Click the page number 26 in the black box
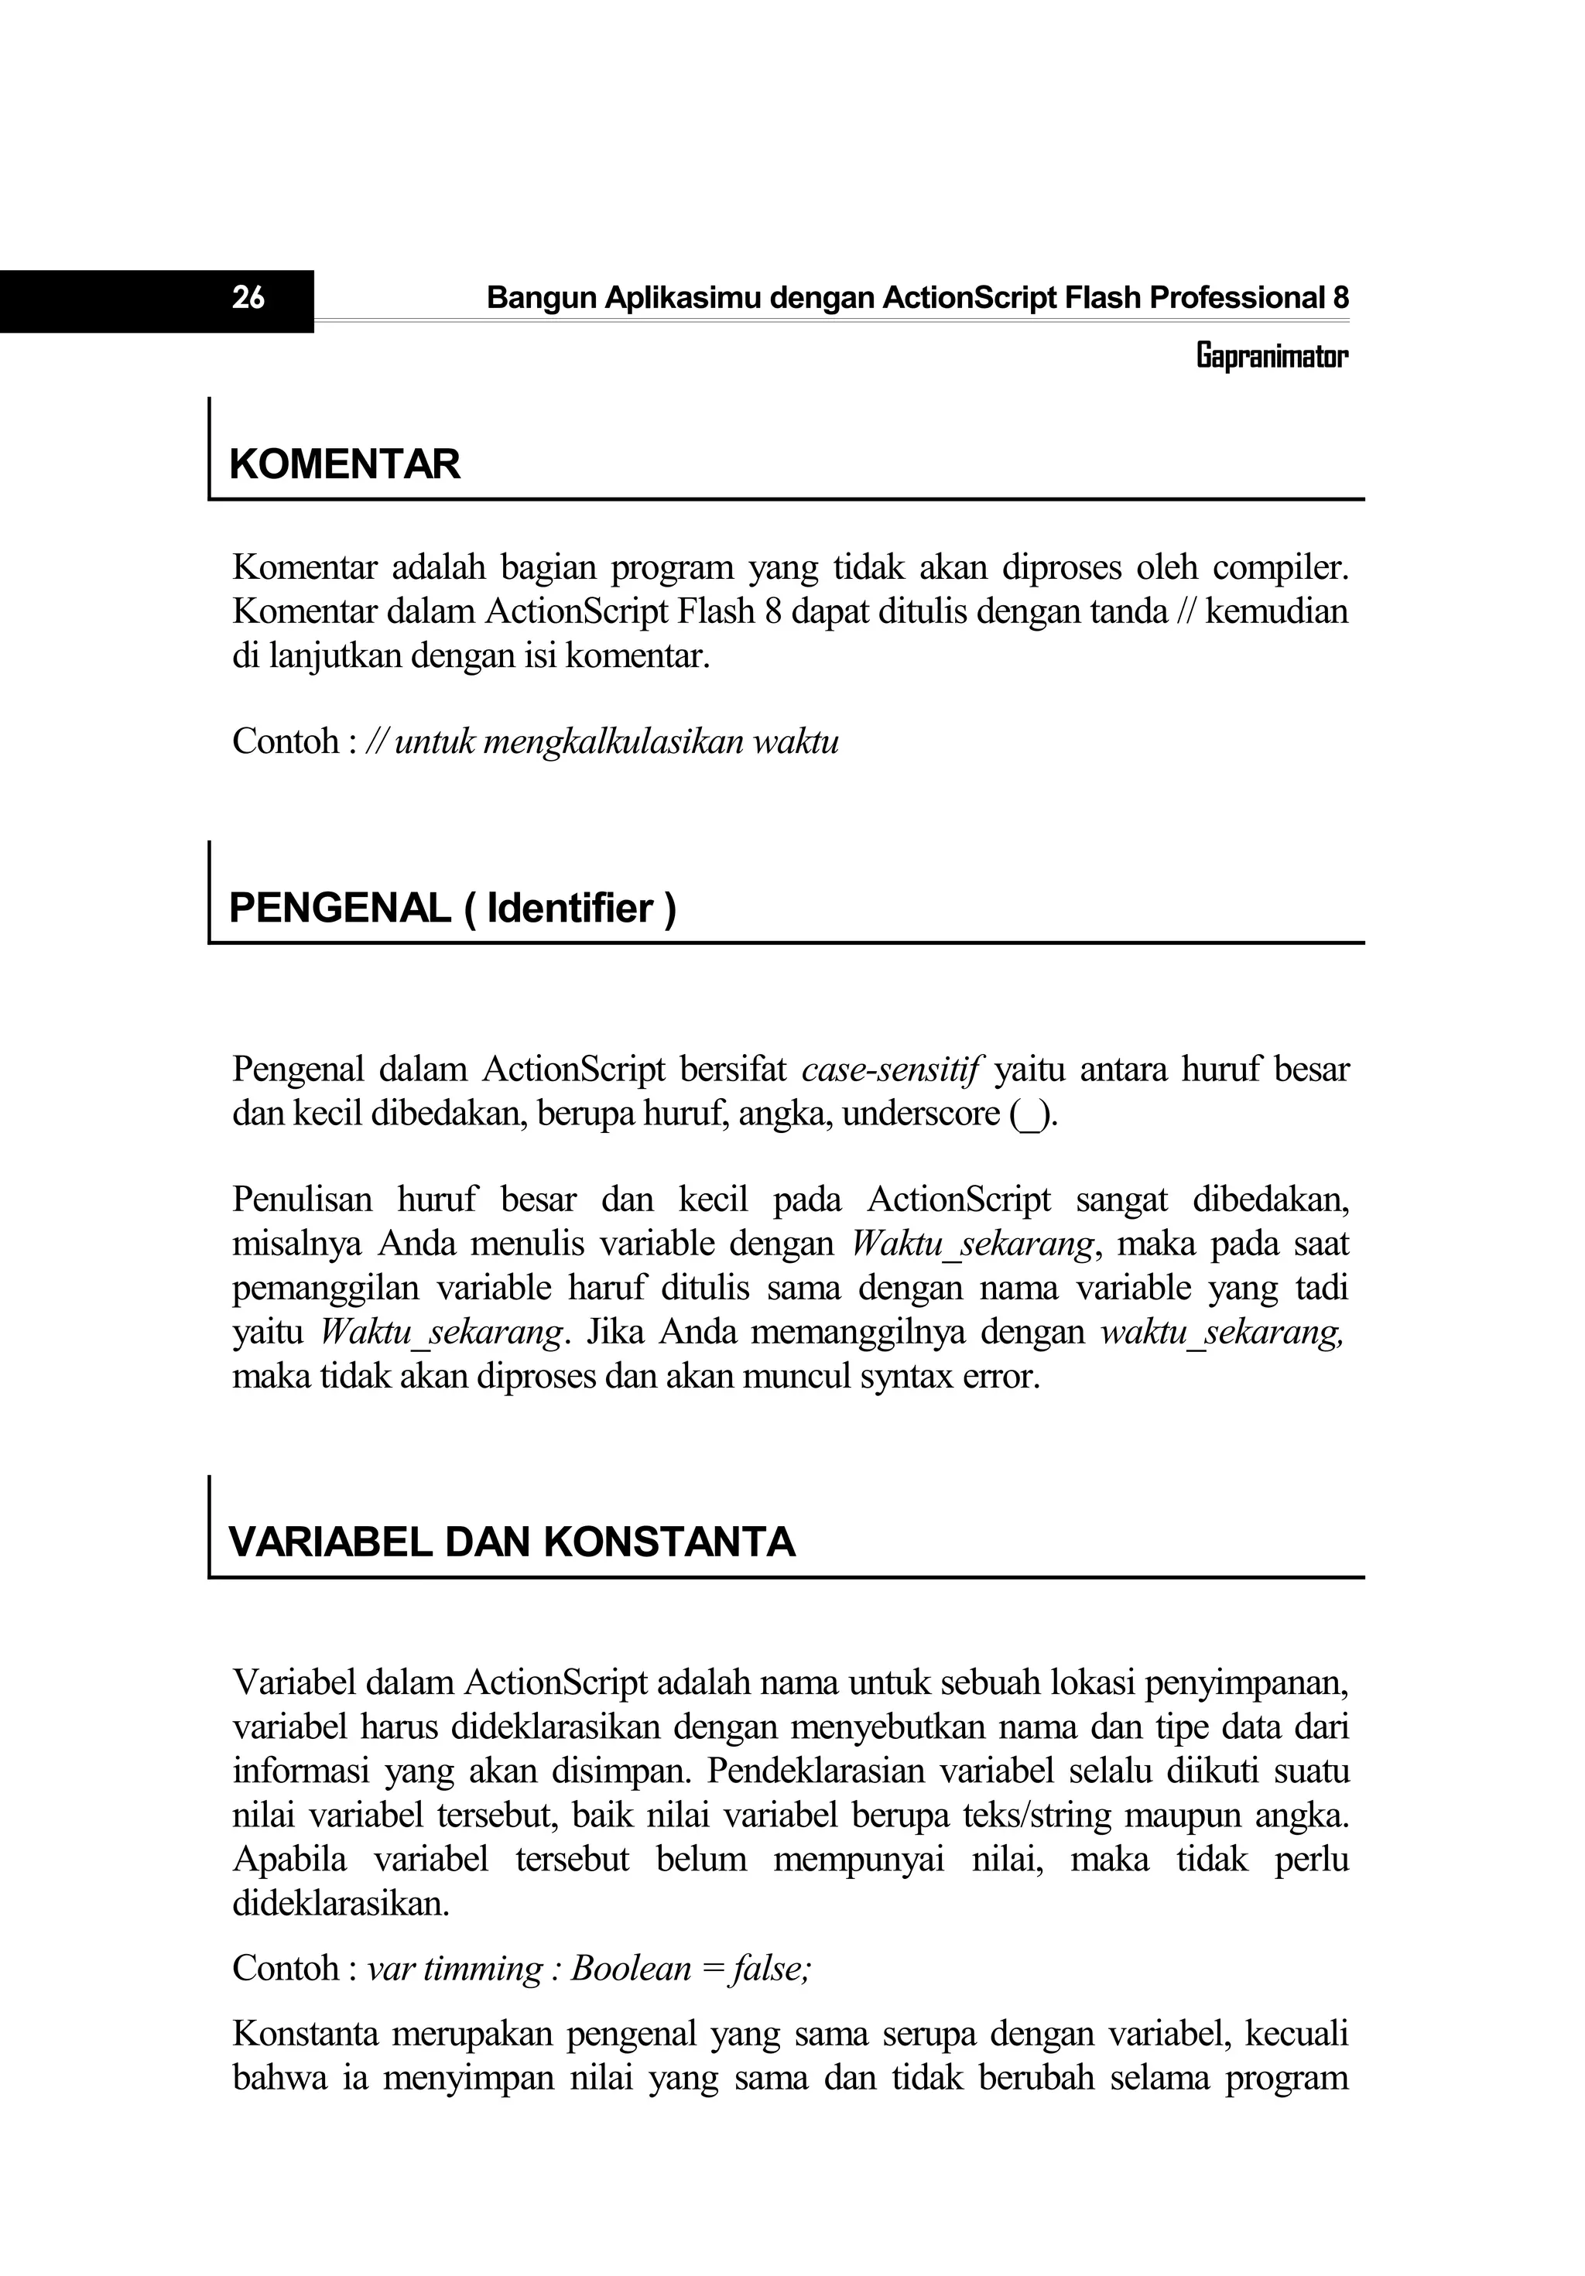pos(248,297)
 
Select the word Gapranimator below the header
pos(1272,356)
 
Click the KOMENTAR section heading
pos(345,465)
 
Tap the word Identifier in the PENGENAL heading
pos(570,908)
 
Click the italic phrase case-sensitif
pos(890,1070)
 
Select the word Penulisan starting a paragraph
pos(303,1200)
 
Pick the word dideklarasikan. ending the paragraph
pos(340,1903)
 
